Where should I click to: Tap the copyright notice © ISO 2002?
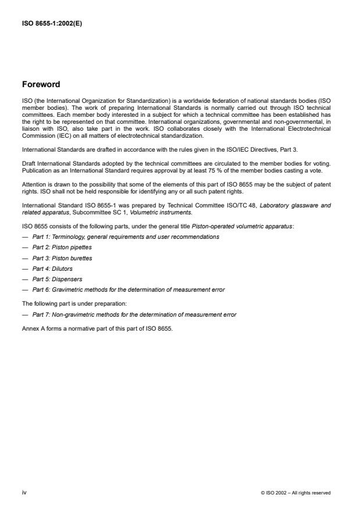(x=296, y=493)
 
